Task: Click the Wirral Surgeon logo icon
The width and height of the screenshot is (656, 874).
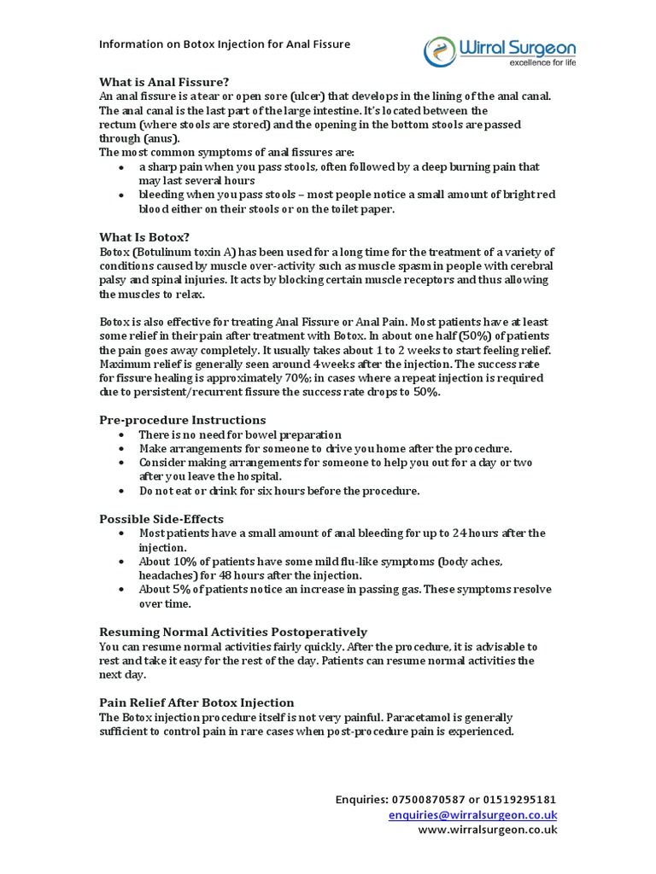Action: coord(441,50)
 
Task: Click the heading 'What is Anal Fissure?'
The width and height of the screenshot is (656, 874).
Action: coord(165,82)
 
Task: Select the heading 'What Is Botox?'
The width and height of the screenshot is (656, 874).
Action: coord(144,236)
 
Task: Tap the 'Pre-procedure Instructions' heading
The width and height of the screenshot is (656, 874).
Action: coord(183,420)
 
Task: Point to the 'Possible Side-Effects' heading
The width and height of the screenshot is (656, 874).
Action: coord(161,518)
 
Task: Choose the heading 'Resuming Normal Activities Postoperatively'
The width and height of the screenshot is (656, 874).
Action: coord(233,632)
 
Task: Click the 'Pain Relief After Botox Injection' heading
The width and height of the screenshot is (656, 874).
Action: coord(196,702)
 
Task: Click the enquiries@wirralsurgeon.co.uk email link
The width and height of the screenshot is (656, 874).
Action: coord(472,814)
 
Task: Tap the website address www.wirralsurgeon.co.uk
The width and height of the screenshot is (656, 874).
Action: coord(487,830)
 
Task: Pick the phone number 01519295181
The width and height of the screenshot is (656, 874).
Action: coord(520,800)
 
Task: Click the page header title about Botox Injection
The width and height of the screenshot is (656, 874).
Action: coord(225,44)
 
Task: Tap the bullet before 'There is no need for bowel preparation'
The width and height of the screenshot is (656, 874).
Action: coord(123,435)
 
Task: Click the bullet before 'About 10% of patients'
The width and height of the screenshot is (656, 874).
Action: coord(123,562)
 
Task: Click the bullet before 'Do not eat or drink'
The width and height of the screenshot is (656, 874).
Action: coord(123,492)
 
